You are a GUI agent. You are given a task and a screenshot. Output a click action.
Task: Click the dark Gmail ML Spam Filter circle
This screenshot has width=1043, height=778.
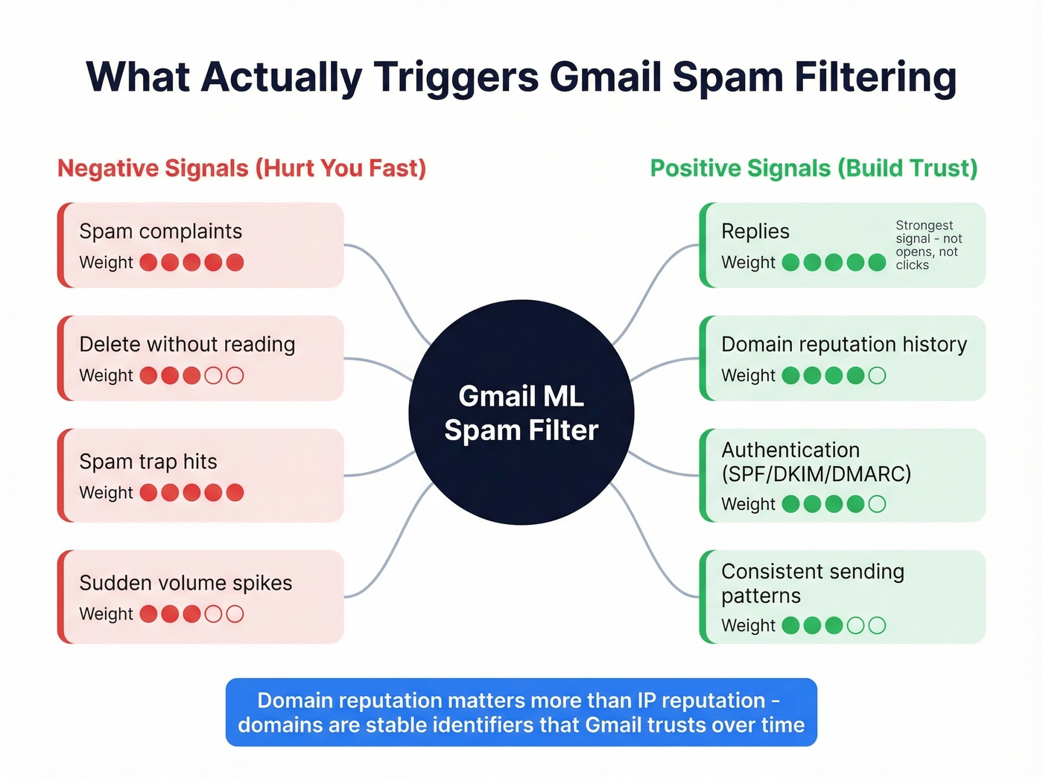click(521, 412)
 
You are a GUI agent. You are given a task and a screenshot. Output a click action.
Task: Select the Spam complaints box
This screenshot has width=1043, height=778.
click(201, 245)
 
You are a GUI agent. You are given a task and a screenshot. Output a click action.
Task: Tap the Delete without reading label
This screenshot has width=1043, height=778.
click(187, 344)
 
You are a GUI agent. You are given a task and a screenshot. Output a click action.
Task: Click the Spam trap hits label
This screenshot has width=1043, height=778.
click(148, 462)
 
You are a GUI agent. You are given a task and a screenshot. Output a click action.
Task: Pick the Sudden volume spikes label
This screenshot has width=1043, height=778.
click(186, 583)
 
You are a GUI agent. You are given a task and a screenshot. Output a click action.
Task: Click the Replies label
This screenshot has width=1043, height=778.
click(755, 232)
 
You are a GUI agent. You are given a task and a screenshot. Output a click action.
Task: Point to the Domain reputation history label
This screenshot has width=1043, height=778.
click(843, 344)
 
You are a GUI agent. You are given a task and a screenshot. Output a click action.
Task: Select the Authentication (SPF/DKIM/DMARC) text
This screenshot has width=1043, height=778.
click(816, 462)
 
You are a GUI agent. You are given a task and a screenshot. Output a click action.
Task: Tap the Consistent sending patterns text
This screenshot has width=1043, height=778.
click(812, 583)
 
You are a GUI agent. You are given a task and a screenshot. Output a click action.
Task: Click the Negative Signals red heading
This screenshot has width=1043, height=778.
click(241, 168)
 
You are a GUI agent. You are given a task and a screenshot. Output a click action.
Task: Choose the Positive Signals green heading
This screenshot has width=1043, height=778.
click(814, 168)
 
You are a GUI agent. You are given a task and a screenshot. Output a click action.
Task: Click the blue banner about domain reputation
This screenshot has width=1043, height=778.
click(521, 712)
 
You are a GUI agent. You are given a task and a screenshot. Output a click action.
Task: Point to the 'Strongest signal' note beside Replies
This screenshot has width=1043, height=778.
click(928, 245)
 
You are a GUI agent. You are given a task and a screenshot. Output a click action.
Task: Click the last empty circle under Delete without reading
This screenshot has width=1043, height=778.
click(235, 375)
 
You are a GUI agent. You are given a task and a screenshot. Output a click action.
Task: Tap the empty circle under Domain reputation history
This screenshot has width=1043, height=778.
click(877, 375)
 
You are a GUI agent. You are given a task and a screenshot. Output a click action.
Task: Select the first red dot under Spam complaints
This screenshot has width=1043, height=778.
click(148, 262)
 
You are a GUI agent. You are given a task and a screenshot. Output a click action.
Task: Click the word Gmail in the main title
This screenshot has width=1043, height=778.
click(606, 77)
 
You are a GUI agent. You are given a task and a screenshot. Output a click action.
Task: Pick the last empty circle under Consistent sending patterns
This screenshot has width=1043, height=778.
click(877, 625)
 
